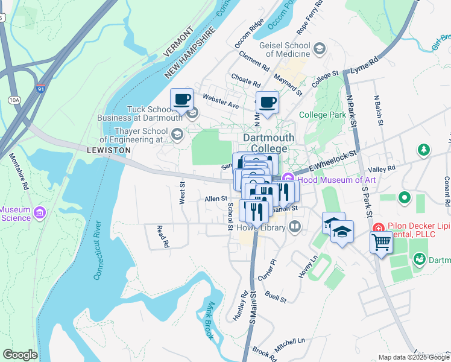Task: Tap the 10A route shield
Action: click(14, 100)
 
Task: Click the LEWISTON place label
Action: click(109, 150)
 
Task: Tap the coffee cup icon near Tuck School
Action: click(181, 101)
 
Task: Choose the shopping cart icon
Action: click(381, 244)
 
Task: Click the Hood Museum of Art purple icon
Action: click(288, 179)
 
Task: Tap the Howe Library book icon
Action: click(295, 226)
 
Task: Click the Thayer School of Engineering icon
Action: click(178, 135)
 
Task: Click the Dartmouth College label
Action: click(269, 143)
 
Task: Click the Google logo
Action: click(20, 355)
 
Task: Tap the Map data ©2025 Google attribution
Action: click(413, 357)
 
